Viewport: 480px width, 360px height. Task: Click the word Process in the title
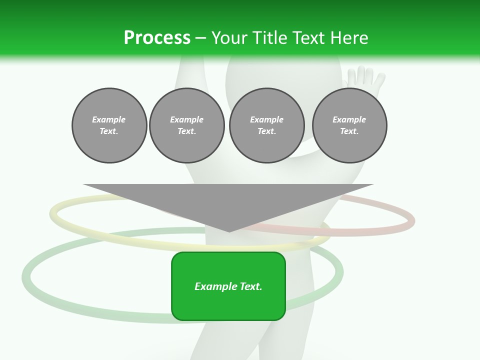click(157, 38)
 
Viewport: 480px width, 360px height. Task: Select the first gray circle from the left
click(109, 125)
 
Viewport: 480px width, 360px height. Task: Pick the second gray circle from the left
click(186, 125)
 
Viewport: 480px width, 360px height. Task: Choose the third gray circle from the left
click(266, 125)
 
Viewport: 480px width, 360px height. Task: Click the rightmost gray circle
click(349, 125)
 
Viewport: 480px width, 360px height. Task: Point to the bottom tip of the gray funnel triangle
click(229, 230)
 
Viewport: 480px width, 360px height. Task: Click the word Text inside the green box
click(250, 286)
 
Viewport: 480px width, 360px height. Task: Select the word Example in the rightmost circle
click(349, 119)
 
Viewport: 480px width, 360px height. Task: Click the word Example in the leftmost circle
click(109, 119)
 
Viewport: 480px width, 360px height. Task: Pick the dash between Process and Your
click(200, 38)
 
